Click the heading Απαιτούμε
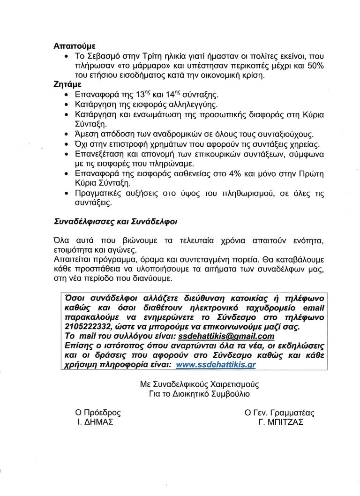[x=75, y=46]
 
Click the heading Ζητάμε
[x=68, y=85]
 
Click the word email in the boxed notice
[x=313, y=308]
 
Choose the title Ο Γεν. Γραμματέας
[x=279, y=413]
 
